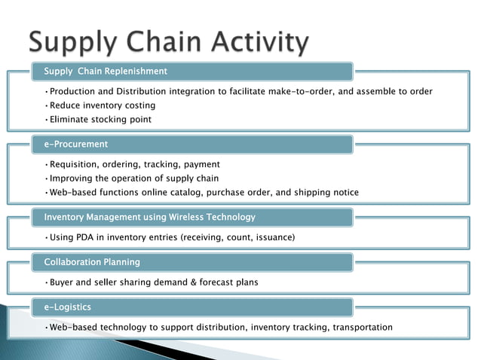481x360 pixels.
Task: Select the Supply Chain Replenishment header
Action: (x=106, y=72)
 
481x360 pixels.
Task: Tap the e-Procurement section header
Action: (x=76, y=144)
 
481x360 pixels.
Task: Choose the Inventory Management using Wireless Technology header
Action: (x=149, y=218)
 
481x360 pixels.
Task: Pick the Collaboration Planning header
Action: (x=92, y=262)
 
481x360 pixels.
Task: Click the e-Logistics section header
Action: (x=68, y=307)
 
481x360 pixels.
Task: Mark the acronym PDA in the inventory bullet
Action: (x=90, y=238)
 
